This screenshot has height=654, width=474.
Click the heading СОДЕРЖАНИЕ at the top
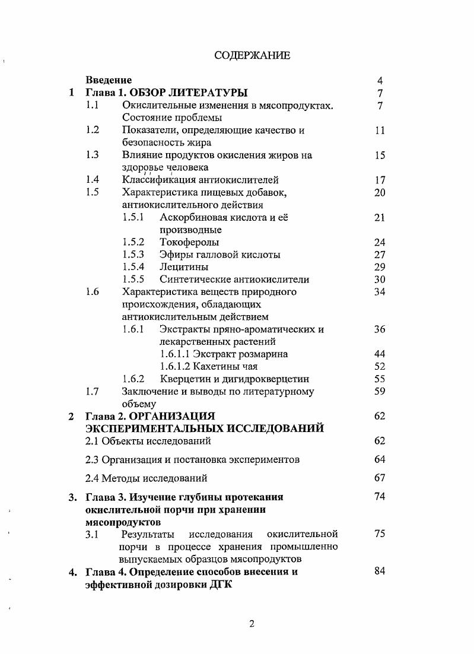coord(252,56)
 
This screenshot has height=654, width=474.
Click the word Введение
coord(109,80)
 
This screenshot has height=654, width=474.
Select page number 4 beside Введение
coord(380,80)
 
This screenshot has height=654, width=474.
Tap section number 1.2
coord(92,130)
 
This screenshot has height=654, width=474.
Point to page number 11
coord(380,131)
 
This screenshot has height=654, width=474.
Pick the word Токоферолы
coord(189,242)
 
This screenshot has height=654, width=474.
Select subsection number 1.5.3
coord(133,255)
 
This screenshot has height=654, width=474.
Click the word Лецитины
coord(184,267)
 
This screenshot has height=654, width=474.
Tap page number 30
coord(380,280)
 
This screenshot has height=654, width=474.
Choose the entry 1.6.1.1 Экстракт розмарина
coord(224,354)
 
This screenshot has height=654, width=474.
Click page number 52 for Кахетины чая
coord(380,367)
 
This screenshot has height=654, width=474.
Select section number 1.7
coord(92,391)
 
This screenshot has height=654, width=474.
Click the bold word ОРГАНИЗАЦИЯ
coord(171,416)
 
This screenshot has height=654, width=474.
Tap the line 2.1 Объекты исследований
coord(148,441)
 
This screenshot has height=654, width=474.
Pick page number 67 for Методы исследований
coord(380,478)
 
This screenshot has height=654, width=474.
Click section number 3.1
coord(92,534)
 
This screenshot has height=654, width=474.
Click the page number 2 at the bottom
coord(252,624)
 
